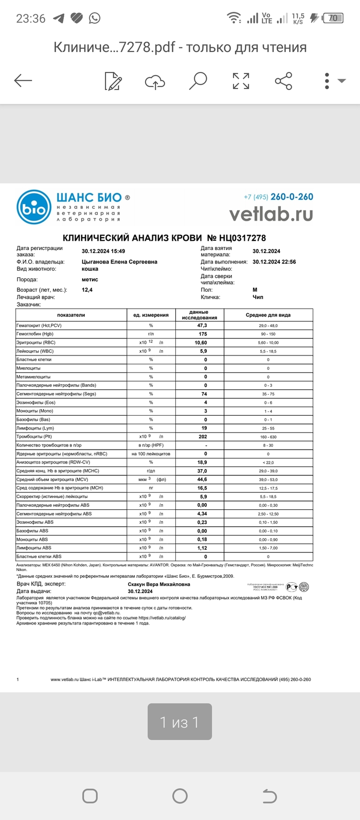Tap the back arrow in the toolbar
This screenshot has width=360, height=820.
point(23,80)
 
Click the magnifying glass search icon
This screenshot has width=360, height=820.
point(198,80)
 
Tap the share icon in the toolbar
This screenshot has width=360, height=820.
point(283,81)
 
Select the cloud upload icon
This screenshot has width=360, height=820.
point(155,81)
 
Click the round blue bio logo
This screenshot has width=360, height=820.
point(34,208)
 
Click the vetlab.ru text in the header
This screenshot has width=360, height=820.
point(271,213)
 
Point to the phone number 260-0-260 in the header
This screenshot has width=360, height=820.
point(292,197)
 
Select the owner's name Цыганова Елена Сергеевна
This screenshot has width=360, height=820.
point(119,262)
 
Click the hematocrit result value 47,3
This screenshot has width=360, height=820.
point(202,326)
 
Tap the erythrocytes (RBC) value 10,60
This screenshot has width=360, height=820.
point(201,343)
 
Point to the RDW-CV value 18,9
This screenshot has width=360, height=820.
point(202,462)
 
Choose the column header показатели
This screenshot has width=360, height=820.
point(71,315)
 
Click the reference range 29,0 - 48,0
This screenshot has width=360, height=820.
point(268,326)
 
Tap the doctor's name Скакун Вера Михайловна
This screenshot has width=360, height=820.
point(159,584)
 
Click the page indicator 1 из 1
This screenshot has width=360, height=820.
point(179,722)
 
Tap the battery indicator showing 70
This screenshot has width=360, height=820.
point(333,18)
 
